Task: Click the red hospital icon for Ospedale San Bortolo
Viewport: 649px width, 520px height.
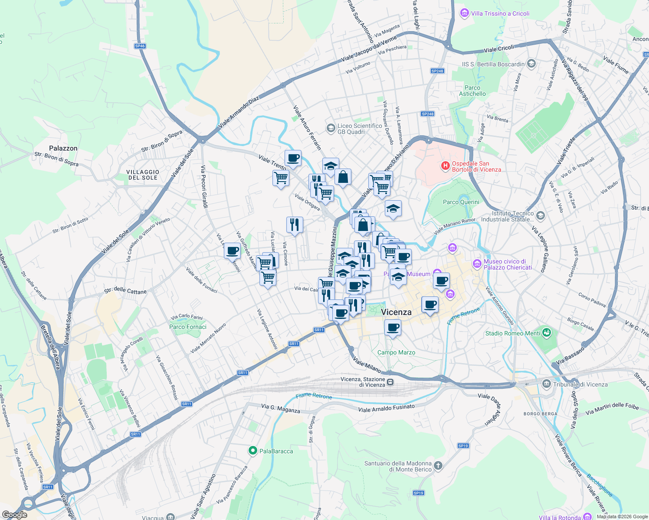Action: [x=445, y=166]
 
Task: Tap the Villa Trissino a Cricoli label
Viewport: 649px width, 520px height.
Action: [x=500, y=13]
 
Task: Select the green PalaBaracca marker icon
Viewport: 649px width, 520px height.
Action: [x=252, y=451]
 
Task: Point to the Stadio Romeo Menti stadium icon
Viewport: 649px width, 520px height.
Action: [x=546, y=333]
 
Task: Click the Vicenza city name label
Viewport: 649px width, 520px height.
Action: [x=396, y=312]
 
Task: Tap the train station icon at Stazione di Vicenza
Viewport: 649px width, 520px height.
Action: [x=390, y=382]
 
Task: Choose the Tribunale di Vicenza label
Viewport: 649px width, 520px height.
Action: [x=580, y=384]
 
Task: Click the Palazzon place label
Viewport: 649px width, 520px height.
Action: [x=63, y=148]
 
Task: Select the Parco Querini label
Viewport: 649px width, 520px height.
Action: [x=461, y=202]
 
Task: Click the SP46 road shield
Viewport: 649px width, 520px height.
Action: [x=140, y=46]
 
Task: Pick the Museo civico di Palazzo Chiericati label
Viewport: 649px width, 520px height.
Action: [x=507, y=264]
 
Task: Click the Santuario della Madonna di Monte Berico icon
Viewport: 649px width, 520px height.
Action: [x=438, y=466]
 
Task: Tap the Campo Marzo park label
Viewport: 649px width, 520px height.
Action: [x=396, y=352]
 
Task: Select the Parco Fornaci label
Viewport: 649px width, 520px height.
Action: [x=188, y=327]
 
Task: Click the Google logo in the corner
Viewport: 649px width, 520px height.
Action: [x=15, y=515]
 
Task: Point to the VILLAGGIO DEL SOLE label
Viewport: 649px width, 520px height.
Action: [x=143, y=175]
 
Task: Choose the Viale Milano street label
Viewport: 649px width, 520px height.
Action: [x=367, y=365]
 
